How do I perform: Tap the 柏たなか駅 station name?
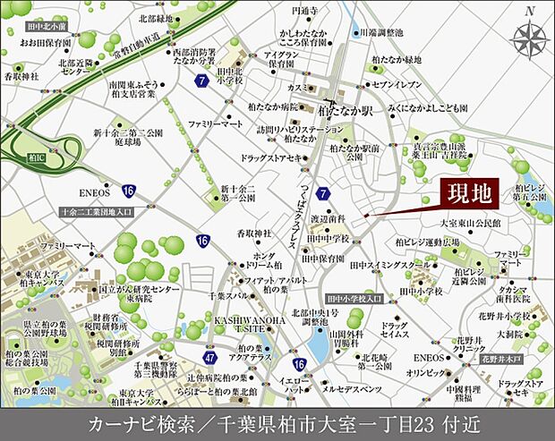click(x=345, y=114)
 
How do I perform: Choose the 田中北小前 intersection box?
click(x=48, y=27)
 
